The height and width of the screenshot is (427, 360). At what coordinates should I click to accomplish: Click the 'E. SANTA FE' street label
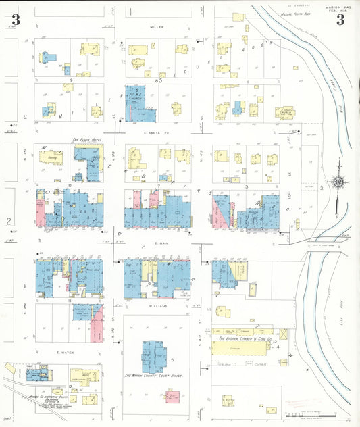pyautogui.click(x=155, y=134)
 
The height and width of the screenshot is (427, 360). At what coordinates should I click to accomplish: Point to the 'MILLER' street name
pyautogui.click(x=157, y=27)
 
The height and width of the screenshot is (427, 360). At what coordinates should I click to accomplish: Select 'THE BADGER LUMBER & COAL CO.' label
pyautogui.click(x=242, y=332)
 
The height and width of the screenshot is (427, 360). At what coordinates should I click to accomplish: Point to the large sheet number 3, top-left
pyautogui.click(x=16, y=20)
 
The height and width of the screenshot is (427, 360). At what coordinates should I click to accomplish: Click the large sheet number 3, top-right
pyautogui.click(x=340, y=20)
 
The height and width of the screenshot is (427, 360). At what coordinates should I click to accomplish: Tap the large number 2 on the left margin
pyautogui.click(x=9, y=221)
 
